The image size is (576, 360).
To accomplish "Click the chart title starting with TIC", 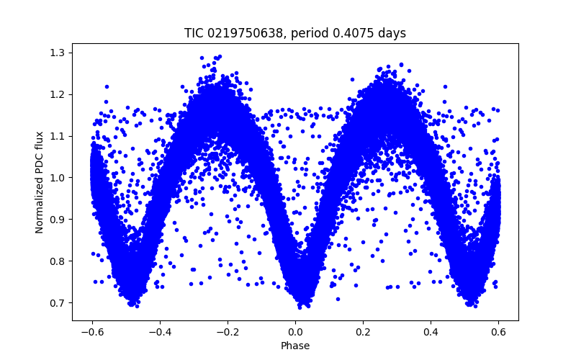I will point(295,33).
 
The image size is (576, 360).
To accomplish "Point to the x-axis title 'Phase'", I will point(295,346).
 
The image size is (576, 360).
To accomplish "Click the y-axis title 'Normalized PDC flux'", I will point(40,182).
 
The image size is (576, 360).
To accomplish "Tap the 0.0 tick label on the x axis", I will point(295,332).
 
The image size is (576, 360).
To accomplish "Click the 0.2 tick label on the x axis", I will point(363,332).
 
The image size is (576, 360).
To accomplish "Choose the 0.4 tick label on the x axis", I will point(431,332).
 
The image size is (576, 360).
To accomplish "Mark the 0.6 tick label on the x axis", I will point(498,332).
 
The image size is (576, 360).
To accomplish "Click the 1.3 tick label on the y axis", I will point(58,53).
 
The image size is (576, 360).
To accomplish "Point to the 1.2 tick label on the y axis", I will point(58,94).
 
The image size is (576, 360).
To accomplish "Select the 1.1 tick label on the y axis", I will point(58,136).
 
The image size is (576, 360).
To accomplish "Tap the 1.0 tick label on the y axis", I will point(58,178).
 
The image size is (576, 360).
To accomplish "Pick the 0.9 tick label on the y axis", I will point(58,220).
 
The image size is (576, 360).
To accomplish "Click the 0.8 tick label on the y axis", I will point(58,261).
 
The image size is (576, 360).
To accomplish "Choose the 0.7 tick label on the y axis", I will point(58,303).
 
